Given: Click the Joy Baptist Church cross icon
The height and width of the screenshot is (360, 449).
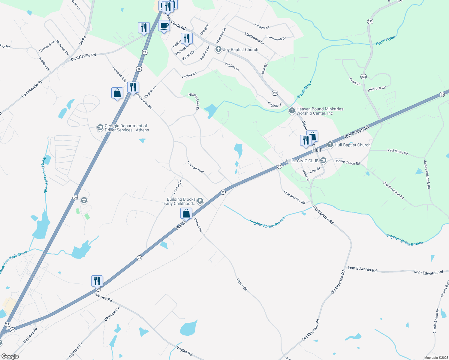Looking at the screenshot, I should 218,49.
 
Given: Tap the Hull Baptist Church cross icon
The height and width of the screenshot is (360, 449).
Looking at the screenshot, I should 330,145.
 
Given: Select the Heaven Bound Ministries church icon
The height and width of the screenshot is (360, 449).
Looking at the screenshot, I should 292,111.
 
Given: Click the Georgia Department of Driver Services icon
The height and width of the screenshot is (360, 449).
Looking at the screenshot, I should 100,128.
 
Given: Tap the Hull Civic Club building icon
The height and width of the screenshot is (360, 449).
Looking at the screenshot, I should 323,161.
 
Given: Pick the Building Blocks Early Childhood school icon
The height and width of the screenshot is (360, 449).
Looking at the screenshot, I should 200,201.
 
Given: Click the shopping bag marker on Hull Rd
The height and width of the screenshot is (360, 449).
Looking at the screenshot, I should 186,213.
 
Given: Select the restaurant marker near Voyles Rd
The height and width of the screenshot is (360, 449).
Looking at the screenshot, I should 97,281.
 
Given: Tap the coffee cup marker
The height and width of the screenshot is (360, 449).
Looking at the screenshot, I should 164,26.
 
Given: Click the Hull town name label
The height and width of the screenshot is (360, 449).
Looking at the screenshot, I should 317,150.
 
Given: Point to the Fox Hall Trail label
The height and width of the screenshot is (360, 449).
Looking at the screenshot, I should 196,167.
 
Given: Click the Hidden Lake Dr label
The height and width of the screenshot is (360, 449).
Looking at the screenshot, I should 194,101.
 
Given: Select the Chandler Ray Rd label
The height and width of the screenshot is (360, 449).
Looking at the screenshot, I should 294,197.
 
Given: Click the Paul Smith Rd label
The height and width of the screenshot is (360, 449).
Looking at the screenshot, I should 397,152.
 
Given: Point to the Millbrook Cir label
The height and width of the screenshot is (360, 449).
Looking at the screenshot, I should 376,89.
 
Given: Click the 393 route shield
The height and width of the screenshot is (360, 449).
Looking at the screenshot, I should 275,93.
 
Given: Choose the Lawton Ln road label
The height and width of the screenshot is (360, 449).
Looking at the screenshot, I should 177,186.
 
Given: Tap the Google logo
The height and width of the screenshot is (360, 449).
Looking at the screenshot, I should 10,356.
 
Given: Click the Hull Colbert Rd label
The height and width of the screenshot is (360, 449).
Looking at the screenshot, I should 357,132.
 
